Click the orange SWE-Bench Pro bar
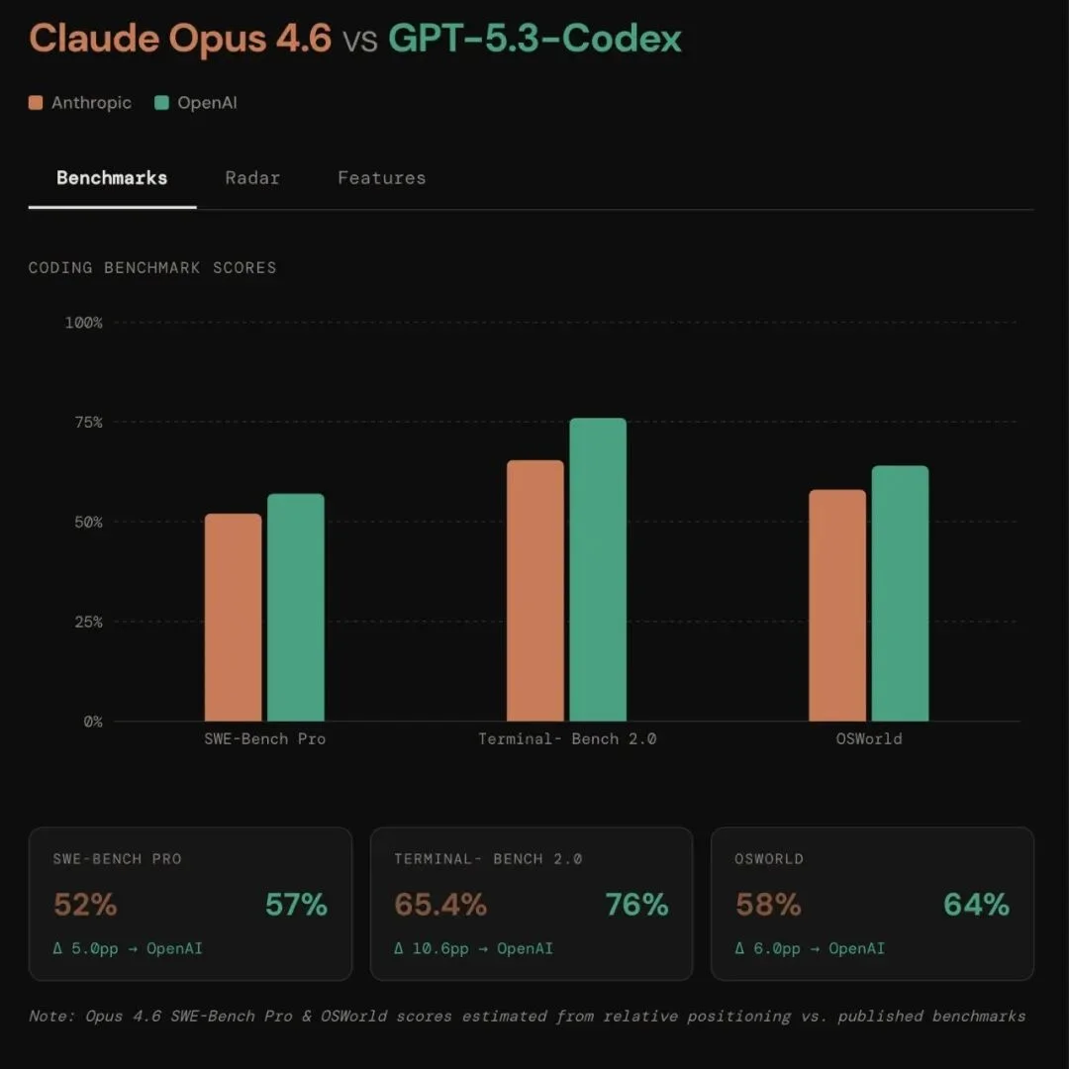(234, 618)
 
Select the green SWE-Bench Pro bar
(296, 608)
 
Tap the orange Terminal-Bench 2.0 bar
(535, 591)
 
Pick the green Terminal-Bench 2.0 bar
(598, 570)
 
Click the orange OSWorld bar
(837, 606)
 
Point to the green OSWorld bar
(900, 594)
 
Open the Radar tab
(252, 178)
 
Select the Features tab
(381, 178)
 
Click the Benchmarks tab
(112, 178)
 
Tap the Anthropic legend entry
(80, 103)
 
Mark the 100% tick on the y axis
(84, 323)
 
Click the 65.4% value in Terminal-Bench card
(440, 905)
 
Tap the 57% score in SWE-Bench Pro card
(296, 905)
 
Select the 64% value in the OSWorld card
(976, 905)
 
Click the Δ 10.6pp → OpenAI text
(473, 948)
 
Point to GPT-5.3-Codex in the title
(534, 39)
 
